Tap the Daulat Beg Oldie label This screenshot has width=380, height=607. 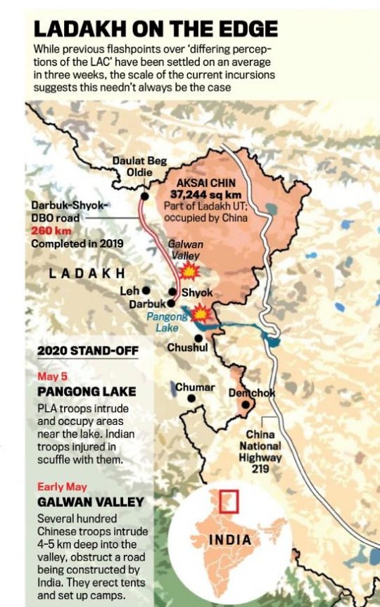tap(139, 167)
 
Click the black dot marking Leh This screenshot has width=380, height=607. tap(146, 290)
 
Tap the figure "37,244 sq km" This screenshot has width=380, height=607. tap(205, 193)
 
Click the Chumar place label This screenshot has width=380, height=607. tap(195, 388)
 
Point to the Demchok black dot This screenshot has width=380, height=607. tap(245, 405)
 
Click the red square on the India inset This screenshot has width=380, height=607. tap(229, 501)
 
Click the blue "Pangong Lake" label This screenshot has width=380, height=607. tap(163, 322)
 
